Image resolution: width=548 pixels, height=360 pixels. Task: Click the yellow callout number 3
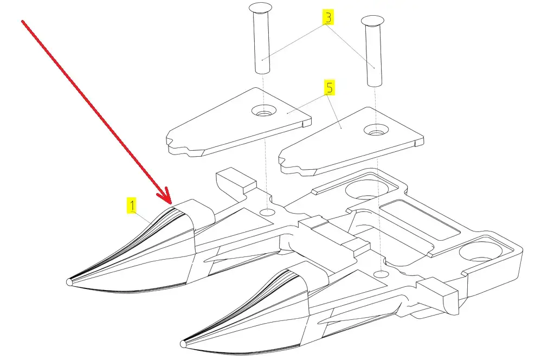[x=328, y=17]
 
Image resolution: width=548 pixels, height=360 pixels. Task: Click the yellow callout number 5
[x=329, y=87]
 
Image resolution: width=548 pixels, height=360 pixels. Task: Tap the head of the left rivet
[x=260, y=7]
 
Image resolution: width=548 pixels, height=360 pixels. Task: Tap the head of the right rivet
[x=372, y=20]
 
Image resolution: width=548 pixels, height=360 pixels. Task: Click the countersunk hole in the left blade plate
[x=264, y=111]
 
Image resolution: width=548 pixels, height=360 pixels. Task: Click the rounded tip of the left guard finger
[x=69, y=282]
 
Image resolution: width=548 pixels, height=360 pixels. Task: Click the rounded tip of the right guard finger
[x=183, y=344]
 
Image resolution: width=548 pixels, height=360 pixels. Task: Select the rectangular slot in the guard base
[x=420, y=221]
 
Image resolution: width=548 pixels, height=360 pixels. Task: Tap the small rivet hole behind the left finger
[x=268, y=212]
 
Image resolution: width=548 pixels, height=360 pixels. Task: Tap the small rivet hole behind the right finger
[x=381, y=273]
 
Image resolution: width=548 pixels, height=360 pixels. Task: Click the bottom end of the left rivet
[x=262, y=71]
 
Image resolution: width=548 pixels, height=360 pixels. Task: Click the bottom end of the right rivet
[x=375, y=83]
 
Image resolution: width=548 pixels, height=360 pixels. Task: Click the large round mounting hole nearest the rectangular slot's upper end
[x=366, y=189]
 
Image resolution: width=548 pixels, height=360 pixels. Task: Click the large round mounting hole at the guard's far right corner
[x=481, y=252]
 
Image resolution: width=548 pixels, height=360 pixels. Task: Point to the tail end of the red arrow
[x=23, y=22]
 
